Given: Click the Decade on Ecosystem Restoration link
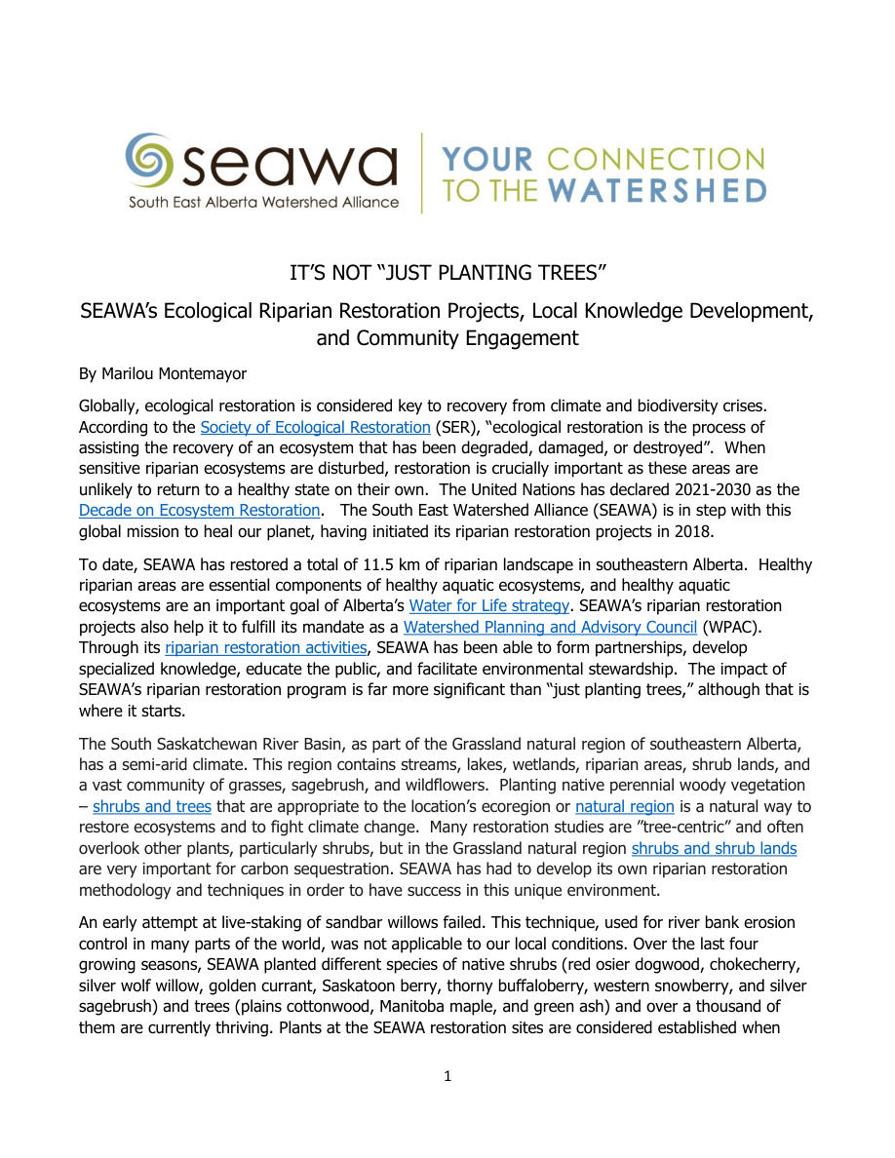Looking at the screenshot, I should click(199, 510).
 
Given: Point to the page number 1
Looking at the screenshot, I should click(447, 1076).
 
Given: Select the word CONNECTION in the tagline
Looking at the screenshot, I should click(655, 158).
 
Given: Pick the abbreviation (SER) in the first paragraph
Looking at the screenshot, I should click(454, 427).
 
